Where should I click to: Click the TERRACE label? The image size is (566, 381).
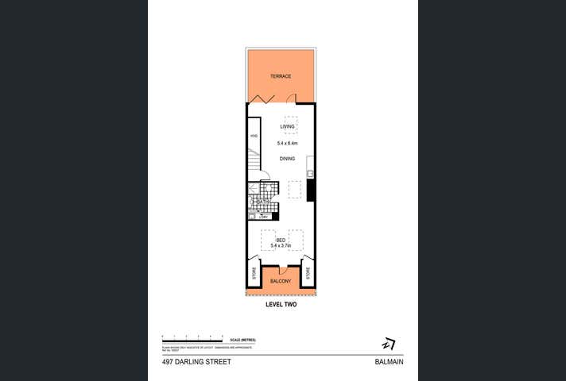pyautogui.click(x=280, y=76)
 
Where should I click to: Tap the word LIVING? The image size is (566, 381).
pyautogui.click(x=287, y=126)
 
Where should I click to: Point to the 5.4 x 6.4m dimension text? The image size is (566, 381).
pyautogui.click(x=287, y=143)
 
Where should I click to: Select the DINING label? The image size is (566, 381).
pyautogui.click(x=287, y=159)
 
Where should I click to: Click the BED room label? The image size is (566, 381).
pyautogui.click(x=281, y=240)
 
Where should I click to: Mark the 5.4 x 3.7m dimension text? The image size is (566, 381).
pyautogui.click(x=281, y=247)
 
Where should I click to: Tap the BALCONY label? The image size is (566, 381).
pyautogui.click(x=280, y=281)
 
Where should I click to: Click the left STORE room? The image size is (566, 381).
pyautogui.click(x=254, y=275)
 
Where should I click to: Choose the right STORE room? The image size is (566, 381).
pyautogui.click(x=306, y=275)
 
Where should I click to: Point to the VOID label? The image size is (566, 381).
pyautogui.click(x=254, y=137)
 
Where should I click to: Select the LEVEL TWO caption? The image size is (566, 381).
pyautogui.click(x=280, y=305)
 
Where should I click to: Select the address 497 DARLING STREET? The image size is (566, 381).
pyautogui.click(x=196, y=361)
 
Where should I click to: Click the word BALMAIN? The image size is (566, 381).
pyautogui.click(x=390, y=361)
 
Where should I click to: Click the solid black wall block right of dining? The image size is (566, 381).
pyautogui.click(x=312, y=190)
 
